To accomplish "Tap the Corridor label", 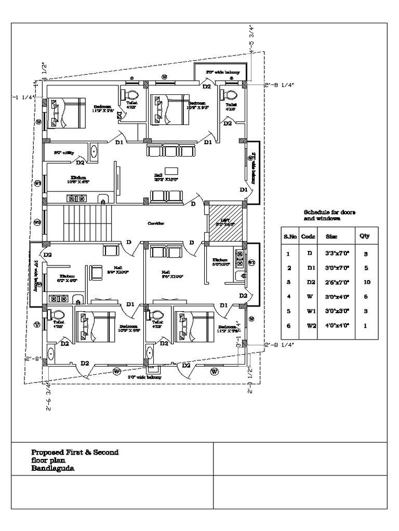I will point(155,223).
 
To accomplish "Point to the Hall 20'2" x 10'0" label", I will point(166,177).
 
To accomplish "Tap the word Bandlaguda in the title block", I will point(52,468).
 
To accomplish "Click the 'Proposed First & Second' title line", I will point(75,452).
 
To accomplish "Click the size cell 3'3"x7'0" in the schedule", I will point(333,254).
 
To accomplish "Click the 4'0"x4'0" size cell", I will point(333,326).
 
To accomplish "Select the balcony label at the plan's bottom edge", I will point(144,378).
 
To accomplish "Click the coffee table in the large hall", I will point(171,171).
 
